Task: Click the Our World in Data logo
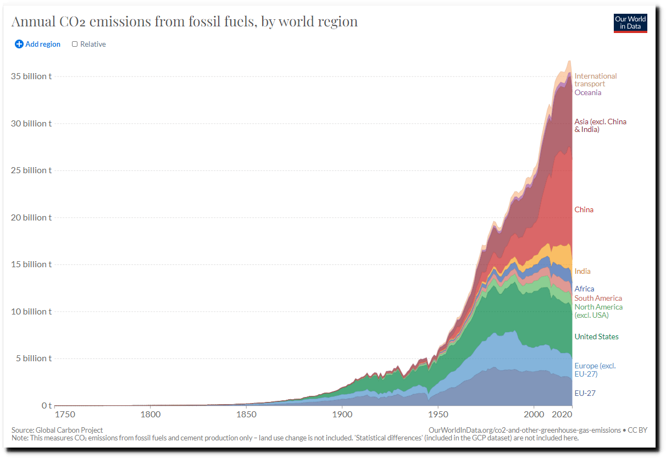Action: [x=630, y=23]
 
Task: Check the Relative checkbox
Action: [x=75, y=44]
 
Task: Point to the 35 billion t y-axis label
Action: [x=31, y=76]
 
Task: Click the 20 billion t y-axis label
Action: [x=31, y=217]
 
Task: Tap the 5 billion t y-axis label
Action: [x=34, y=358]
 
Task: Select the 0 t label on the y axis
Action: [x=47, y=405]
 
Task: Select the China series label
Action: [x=584, y=209]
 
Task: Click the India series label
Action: [x=582, y=271]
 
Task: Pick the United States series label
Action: [x=596, y=336]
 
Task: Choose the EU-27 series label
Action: [x=585, y=393]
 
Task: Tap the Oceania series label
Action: [x=587, y=92]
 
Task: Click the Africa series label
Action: [x=584, y=289]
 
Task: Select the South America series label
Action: [x=598, y=298]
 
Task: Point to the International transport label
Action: [x=595, y=80]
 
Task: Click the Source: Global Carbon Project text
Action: [x=57, y=430]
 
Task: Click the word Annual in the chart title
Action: [x=34, y=22]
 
